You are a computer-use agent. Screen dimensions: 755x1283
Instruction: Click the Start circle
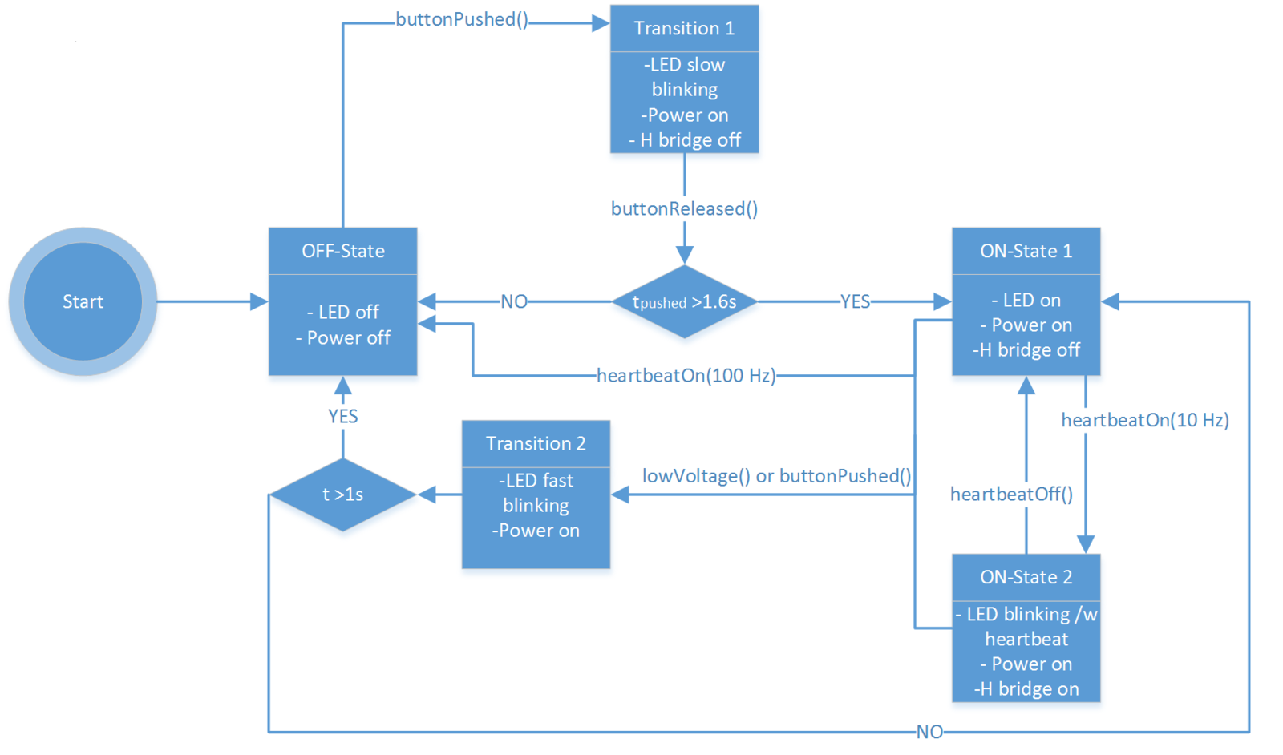click(83, 301)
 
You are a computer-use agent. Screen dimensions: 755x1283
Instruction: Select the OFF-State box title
click(342, 251)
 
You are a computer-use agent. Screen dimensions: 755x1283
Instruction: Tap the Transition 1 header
click(684, 29)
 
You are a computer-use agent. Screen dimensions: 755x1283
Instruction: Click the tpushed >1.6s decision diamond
click(684, 301)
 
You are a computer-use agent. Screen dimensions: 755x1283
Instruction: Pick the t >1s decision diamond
click(342, 495)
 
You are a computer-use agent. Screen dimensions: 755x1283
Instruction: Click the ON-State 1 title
click(1026, 251)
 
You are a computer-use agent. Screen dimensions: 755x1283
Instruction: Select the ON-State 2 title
click(1026, 577)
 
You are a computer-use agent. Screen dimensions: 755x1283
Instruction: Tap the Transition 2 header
click(536, 443)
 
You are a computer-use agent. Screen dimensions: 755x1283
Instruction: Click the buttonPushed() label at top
click(462, 19)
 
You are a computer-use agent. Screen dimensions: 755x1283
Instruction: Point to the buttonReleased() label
click(684, 209)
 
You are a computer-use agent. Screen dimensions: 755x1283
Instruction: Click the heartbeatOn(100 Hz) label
click(686, 376)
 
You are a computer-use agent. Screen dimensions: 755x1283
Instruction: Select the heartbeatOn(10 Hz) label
click(1144, 420)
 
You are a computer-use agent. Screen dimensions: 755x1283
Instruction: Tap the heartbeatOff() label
click(1011, 494)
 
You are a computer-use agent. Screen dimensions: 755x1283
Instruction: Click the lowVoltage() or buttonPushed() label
click(776, 476)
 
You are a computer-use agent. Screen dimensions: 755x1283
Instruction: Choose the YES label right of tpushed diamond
click(855, 301)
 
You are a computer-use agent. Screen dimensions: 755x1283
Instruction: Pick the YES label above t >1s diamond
click(342, 416)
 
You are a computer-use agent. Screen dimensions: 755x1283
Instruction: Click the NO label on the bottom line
click(929, 732)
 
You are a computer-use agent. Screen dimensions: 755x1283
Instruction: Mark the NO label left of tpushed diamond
click(514, 301)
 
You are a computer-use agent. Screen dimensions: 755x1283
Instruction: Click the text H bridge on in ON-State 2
click(1026, 688)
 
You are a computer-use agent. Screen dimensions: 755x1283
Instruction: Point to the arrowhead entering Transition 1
click(601, 23)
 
